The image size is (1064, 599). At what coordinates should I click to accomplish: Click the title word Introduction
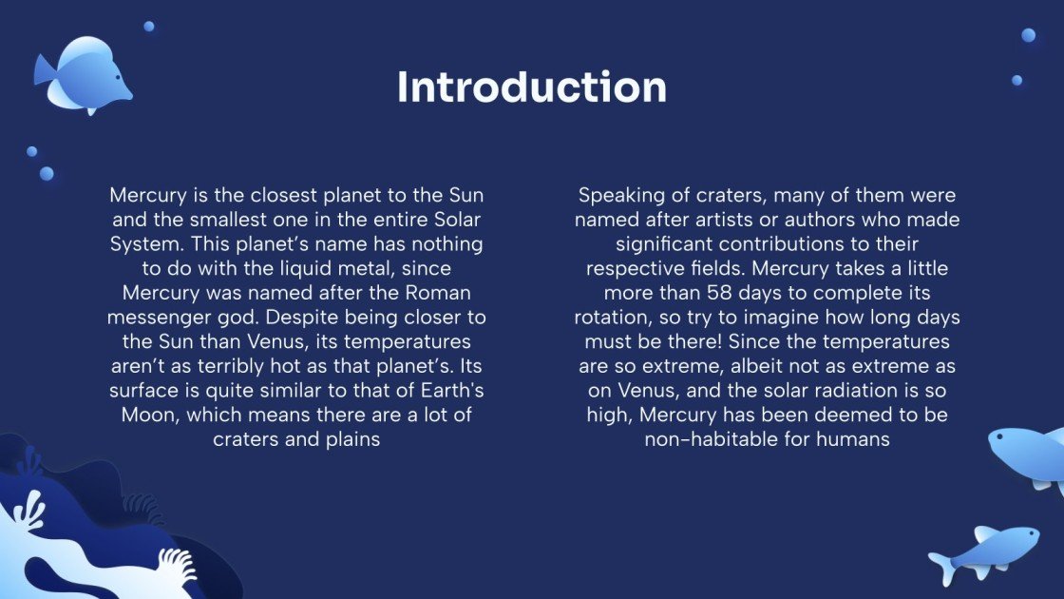click(532, 87)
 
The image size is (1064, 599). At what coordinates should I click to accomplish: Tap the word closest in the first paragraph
click(236, 195)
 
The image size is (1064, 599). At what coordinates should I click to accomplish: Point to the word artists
click(746, 220)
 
